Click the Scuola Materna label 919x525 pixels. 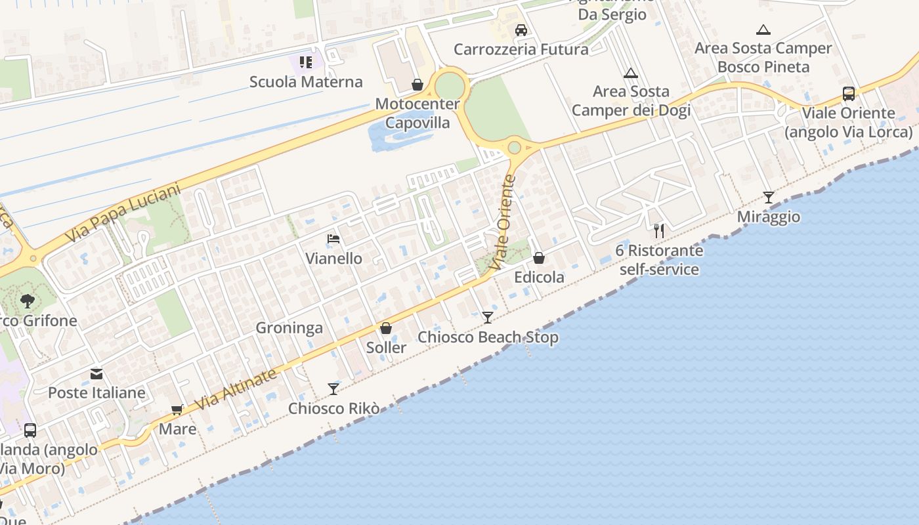tap(306, 82)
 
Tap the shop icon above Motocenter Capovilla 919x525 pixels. tap(417, 85)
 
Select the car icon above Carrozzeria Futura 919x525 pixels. tap(521, 30)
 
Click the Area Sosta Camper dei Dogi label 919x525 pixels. tap(631, 100)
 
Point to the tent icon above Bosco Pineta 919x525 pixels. tap(763, 30)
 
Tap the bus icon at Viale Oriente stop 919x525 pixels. tap(848, 94)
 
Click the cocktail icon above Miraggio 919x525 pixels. tap(768, 197)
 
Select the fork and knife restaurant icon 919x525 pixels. tap(659, 230)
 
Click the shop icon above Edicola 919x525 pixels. tap(539, 258)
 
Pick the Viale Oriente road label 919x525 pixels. tap(503, 223)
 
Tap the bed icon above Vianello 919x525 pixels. tap(333, 239)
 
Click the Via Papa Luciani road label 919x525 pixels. tap(123, 213)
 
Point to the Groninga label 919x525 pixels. tap(289, 327)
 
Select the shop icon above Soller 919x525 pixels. tap(386, 328)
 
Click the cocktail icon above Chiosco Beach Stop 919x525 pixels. tap(487, 318)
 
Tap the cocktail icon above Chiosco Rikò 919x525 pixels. tap(333, 388)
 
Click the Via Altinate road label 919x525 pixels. tap(236, 389)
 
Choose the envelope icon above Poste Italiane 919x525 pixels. tap(96, 374)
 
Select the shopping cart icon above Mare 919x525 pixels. tap(177, 410)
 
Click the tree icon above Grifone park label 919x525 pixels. tap(28, 301)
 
